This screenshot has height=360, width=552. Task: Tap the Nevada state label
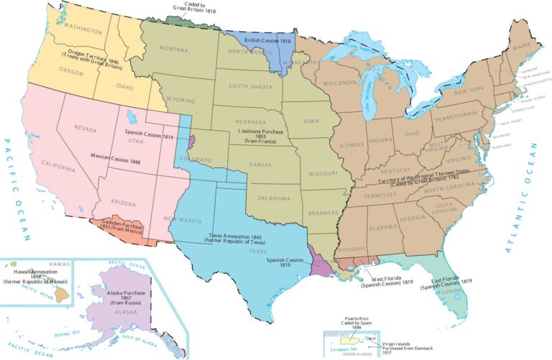(86, 127)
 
